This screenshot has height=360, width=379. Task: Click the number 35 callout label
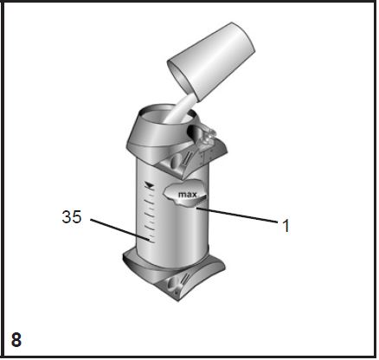coord(72,217)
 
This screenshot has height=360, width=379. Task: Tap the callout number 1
coord(286,226)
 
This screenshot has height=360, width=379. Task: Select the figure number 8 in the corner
coord(16,339)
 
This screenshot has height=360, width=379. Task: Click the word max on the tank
coord(188,195)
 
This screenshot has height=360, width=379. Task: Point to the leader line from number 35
coord(119,229)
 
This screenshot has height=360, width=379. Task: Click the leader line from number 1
coord(237,215)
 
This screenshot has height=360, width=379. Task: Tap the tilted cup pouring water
coord(211,61)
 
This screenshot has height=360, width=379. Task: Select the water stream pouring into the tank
coord(179,110)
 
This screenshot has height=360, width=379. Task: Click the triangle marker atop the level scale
coord(149,184)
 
